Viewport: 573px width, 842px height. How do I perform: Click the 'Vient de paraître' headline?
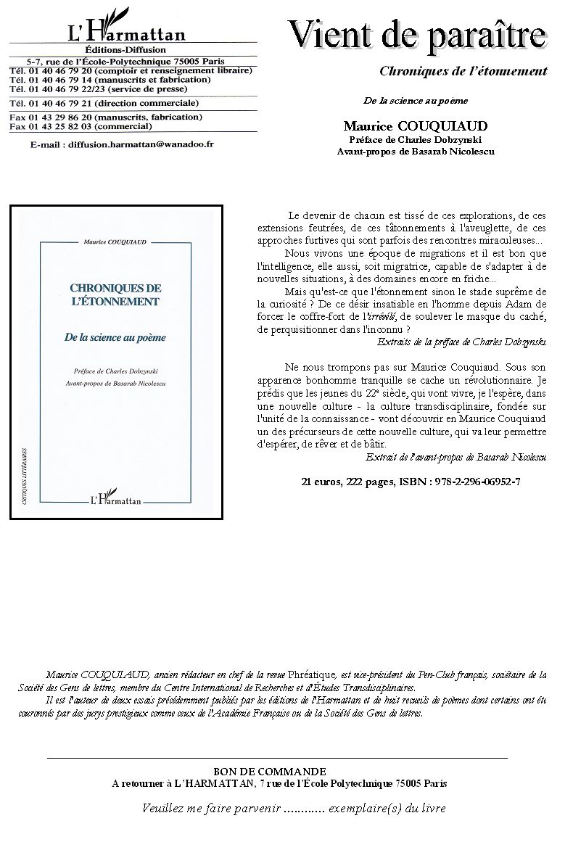tap(417, 36)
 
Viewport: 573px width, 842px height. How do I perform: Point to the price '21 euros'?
tap(321, 482)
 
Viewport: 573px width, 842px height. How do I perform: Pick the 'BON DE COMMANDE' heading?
tap(270, 771)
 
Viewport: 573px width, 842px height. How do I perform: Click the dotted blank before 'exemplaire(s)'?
tap(304, 808)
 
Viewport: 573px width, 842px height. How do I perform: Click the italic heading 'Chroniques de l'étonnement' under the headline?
tap(463, 71)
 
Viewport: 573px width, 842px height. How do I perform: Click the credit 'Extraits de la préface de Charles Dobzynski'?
tap(463, 341)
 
